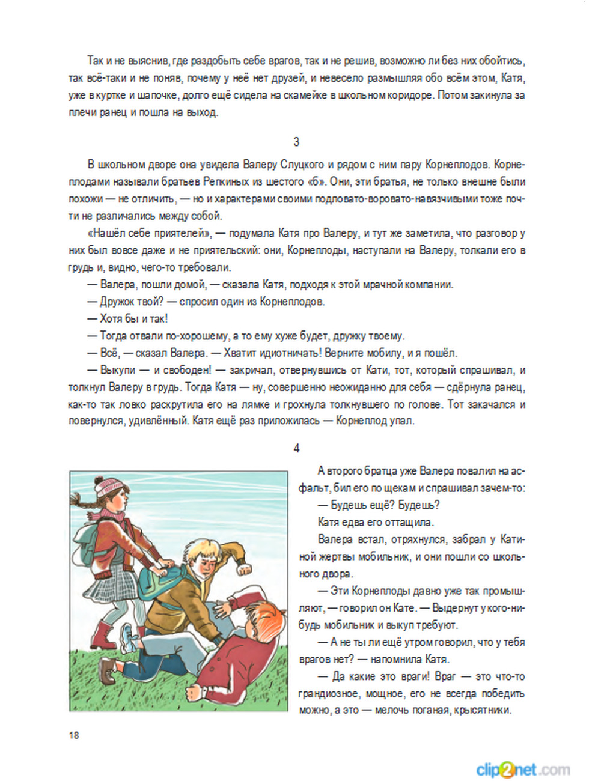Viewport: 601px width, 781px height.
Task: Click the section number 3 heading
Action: [x=296, y=142]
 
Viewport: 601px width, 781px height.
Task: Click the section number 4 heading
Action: [x=296, y=448]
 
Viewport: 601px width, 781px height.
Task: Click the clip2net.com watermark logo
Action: [x=522, y=769]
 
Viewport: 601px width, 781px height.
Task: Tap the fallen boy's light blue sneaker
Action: [x=127, y=637]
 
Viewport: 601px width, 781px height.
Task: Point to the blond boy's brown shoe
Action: [x=108, y=670]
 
